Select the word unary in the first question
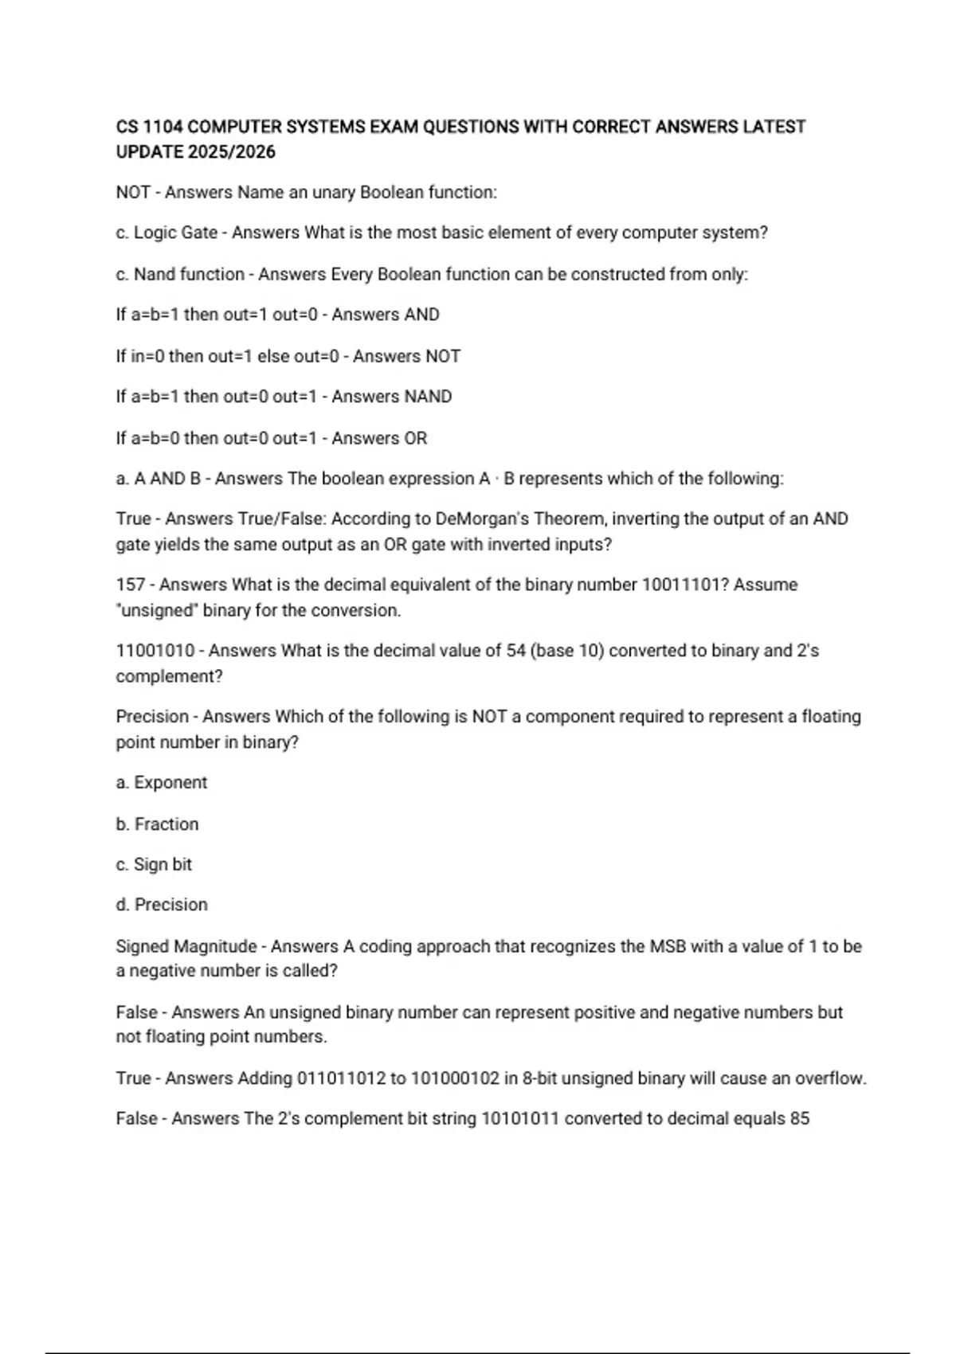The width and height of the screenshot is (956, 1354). pos(334,193)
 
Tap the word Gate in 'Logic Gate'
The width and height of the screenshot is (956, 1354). pos(198,233)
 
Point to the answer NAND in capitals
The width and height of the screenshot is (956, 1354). pos(428,397)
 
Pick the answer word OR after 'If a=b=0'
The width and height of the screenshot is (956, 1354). pos(415,438)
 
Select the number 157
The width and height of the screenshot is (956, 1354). pos(131,585)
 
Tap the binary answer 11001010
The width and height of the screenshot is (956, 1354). pos(155,651)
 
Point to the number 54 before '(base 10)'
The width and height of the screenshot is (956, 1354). pos(515,651)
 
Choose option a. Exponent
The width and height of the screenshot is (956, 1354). pos(162,783)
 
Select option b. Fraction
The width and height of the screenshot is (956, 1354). pos(158,824)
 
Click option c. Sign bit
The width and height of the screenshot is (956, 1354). pos(154,865)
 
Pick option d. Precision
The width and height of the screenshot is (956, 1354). pos(162,905)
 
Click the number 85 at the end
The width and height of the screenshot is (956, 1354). pos(799,1119)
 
